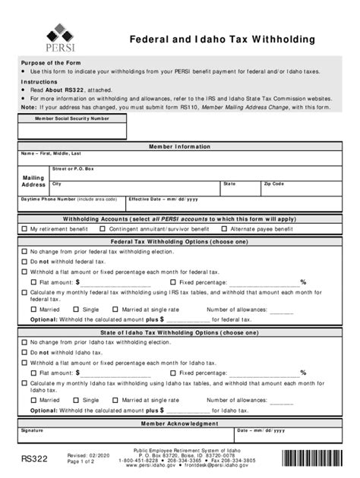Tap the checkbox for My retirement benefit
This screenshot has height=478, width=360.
(24, 228)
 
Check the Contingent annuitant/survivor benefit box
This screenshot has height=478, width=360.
(103, 228)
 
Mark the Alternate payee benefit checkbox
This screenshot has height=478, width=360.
(224, 228)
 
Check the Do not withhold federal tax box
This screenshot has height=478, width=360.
(24, 261)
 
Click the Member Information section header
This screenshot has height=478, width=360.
(180, 146)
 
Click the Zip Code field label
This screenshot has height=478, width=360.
(273, 184)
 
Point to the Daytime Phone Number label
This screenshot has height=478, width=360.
(47, 199)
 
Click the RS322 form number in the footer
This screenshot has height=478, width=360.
(36, 458)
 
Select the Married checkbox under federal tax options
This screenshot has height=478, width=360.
(33, 310)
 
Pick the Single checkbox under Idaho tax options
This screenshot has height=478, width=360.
(76, 400)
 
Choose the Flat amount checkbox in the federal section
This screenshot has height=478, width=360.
(33, 281)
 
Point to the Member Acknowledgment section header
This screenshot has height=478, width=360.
(180, 423)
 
